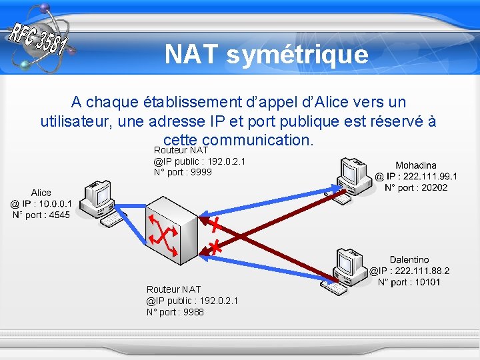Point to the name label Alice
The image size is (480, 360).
(x=41, y=193)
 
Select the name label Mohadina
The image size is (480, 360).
(x=416, y=165)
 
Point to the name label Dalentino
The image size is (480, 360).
(x=409, y=259)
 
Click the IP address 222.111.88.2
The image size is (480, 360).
(x=421, y=271)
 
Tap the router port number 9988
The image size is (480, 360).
(x=193, y=312)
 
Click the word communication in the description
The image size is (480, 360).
(x=257, y=141)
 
